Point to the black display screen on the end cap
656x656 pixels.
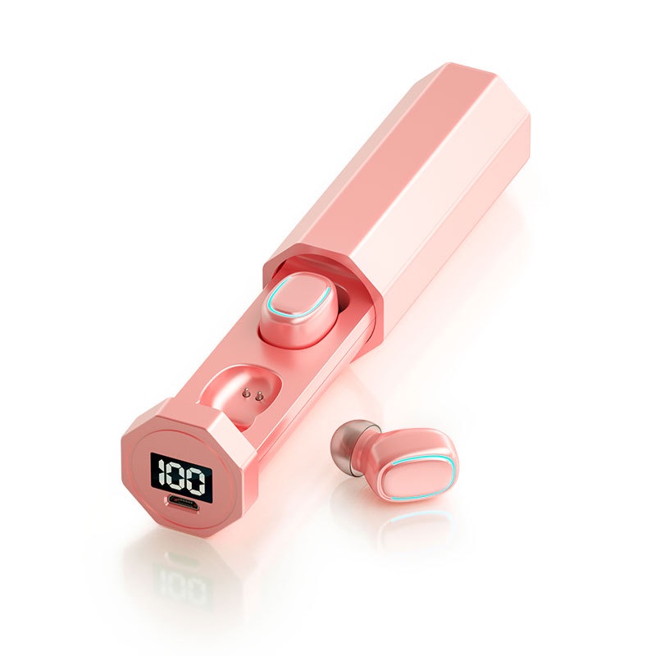181,477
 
